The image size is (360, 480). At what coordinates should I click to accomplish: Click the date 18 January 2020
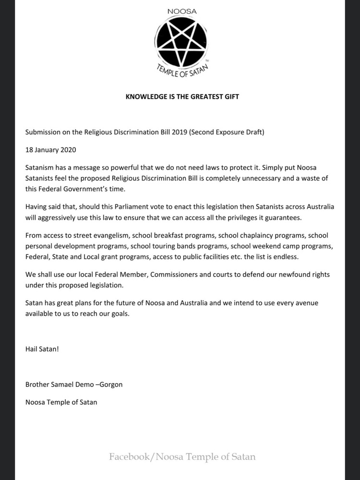[50, 149]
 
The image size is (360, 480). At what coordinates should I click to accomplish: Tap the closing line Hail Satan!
[42, 349]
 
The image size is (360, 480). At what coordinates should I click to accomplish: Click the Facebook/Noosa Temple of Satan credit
[182, 456]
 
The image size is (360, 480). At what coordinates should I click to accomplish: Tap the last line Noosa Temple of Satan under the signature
[61, 402]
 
